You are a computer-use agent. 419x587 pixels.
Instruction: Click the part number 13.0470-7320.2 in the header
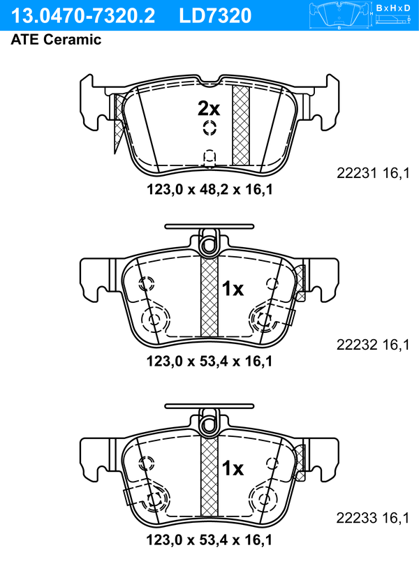[83, 16]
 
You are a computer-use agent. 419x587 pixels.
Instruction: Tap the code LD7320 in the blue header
[215, 16]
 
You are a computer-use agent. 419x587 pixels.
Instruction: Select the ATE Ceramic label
[56, 39]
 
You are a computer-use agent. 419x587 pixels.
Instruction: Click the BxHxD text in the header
[393, 8]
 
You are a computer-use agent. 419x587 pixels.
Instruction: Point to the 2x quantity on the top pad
[209, 108]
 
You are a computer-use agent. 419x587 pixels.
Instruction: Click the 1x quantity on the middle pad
[233, 289]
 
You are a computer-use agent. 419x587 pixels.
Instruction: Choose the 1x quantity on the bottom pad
[233, 468]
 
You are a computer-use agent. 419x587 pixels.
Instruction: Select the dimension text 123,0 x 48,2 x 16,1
[209, 190]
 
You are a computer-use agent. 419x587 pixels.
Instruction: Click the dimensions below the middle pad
[209, 362]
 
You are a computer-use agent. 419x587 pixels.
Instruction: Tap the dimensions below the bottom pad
[209, 540]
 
